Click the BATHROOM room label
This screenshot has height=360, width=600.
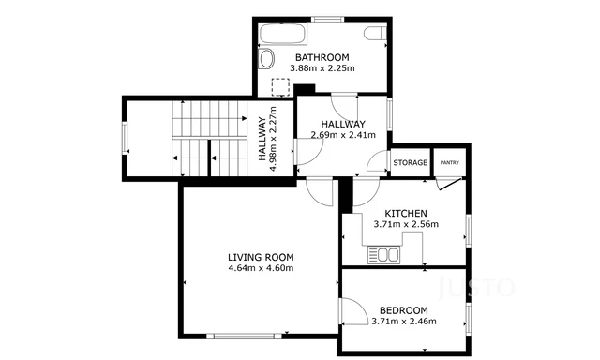(322, 56)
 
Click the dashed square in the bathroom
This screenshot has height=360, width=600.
(278, 86)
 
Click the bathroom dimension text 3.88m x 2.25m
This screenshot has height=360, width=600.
(322, 67)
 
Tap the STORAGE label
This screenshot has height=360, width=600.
(410, 163)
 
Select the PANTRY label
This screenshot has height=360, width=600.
(450, 163)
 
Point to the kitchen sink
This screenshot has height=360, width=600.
(384, 253)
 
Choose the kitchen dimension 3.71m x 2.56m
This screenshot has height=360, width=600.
(406, 225)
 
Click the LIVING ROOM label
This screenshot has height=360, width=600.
(261, 257)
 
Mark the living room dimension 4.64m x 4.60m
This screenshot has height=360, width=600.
(261, 269)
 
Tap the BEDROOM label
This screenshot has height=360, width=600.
(404, 310)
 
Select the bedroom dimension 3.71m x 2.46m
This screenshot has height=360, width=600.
(404, 322)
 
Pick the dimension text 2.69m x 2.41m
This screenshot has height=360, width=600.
(343, 135)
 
